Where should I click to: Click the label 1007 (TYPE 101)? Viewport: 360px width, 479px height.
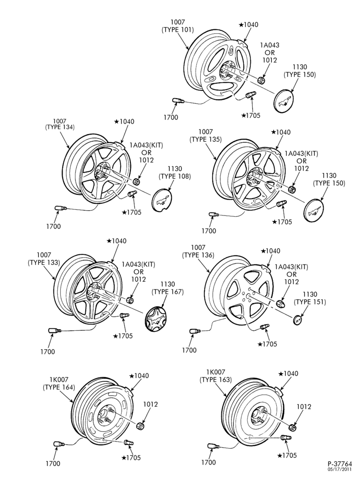(x=178, y=25)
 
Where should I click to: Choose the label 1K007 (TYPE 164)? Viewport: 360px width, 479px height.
(x=59, y=383)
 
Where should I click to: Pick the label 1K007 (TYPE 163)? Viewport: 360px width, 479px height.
(x=216, y=376)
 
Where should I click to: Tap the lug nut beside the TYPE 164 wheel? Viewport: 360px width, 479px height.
(x=140, y=425)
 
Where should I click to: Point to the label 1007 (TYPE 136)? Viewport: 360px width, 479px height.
(x=198, y=251)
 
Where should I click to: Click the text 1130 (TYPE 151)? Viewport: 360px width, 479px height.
(x=310, y=298)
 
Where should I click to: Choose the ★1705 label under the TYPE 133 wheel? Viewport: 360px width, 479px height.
(x=123, y=336)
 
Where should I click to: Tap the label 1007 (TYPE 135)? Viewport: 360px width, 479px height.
(x=206, y=135)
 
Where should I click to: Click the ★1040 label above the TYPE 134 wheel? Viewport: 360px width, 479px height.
(x=124, y=121)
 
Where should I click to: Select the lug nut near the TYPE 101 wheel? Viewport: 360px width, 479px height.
(x=261, y=80)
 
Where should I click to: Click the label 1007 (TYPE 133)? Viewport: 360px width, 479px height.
(x=44, y=258)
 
